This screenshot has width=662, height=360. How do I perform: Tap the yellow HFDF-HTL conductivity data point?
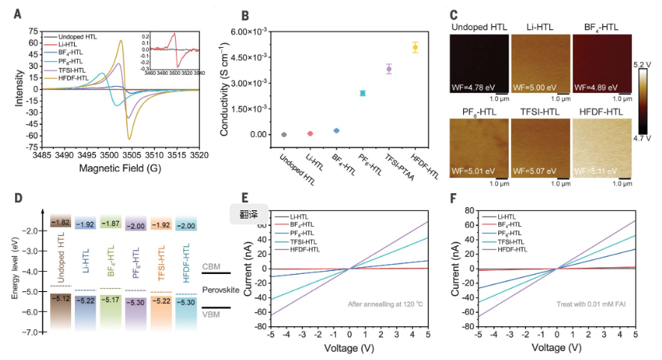click(x=415, y=47)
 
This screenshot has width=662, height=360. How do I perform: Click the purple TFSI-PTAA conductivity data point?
click(x=389, y=69)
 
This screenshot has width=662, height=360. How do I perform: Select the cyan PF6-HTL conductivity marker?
click(x=362, y=93)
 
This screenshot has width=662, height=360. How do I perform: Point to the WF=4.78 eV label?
click(x=474, y=88)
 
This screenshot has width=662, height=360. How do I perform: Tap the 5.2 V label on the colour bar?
click(x=646, y=65)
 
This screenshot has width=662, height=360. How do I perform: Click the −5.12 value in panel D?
click(x=61, y=299)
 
